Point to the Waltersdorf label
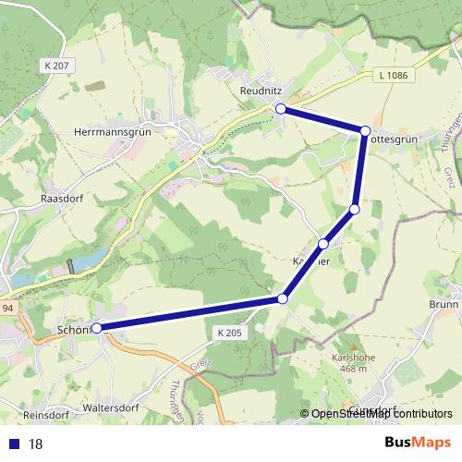(x=109, y=406)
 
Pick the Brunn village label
(x=444, y=303)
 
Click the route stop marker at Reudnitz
(x=281, y=109)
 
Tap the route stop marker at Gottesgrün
(x=366, y=131)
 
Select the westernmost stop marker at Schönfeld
(x=96, y=327)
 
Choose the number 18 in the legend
(x=36, y=444)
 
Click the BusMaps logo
(x=418, y=442)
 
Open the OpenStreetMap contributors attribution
(x=381, y=414)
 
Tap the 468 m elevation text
(x=351, y=369)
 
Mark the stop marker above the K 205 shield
(x=283, y=298)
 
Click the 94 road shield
(x=6, y=309)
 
